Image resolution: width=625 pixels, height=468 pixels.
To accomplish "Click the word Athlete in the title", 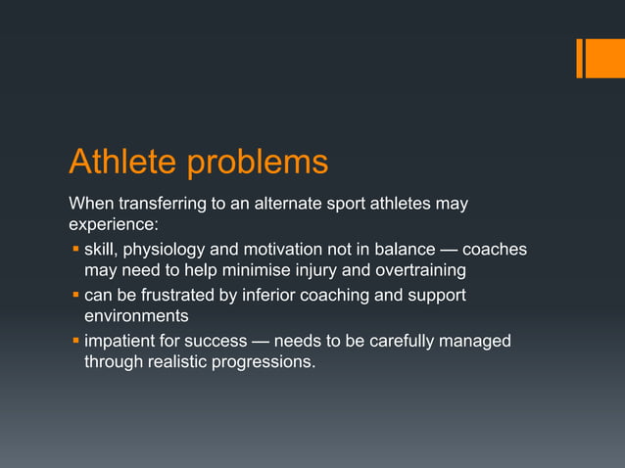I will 122,162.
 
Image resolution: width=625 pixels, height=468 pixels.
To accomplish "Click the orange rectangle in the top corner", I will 600,58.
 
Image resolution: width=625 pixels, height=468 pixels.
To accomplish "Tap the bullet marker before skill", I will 74,250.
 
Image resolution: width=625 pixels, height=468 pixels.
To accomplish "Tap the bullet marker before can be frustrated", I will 74,295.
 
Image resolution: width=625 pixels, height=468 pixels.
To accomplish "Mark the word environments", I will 136,316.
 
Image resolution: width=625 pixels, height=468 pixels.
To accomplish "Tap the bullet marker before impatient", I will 74,341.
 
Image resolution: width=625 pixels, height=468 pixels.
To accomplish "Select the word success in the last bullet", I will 230,341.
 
